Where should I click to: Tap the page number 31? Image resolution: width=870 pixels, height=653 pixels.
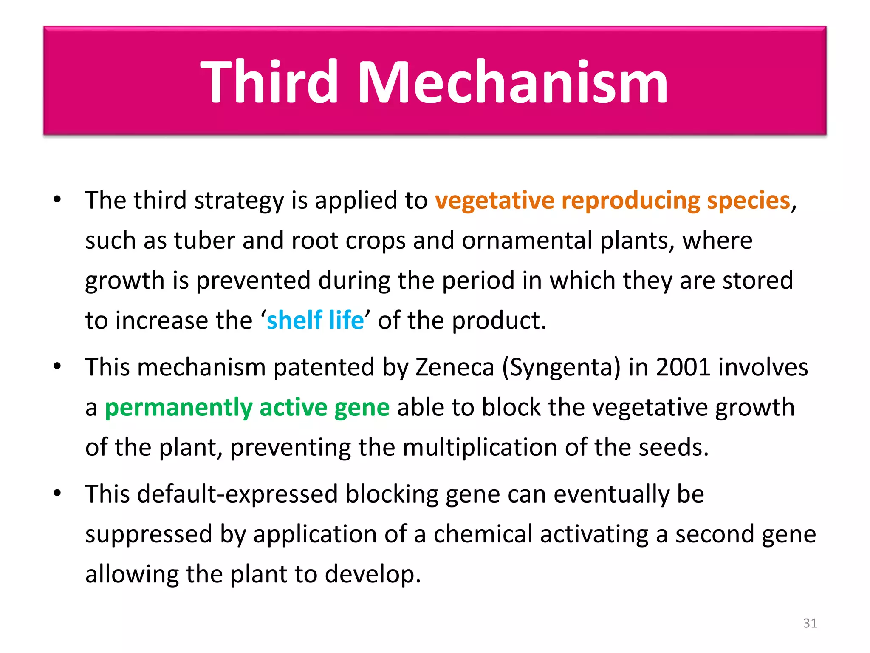point(810,623)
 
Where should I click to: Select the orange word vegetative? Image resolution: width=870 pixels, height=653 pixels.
point(494,201)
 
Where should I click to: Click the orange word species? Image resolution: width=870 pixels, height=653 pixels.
point(748,201)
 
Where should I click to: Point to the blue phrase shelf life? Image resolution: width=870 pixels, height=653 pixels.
point(315,320)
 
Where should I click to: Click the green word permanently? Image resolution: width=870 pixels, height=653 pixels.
point(178,407)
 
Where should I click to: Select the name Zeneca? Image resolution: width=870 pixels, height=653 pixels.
point(455,367)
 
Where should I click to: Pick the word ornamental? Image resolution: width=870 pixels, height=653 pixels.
point(527,241)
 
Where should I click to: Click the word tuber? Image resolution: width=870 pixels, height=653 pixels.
point(204,241)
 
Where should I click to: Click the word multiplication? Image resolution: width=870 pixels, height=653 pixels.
point(480,448)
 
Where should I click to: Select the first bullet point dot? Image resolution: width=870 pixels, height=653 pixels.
point(58,199)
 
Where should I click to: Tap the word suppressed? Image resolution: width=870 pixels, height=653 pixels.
point(148,535)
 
